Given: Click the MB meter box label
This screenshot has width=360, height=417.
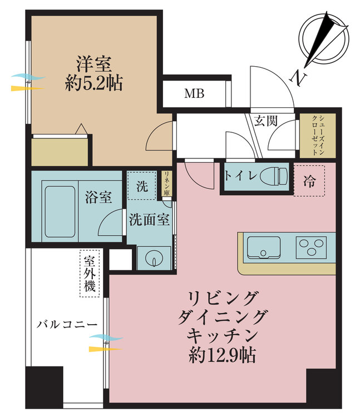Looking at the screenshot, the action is [x=195, y=93].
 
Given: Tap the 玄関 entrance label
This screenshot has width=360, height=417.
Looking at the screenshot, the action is [x=265, y=121].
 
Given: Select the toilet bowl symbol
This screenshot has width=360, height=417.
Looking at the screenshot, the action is [x=274, y=176].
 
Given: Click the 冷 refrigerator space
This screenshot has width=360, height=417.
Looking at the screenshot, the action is [x=309, y=181].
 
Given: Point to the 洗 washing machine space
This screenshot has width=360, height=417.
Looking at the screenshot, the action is [x=142, y=186].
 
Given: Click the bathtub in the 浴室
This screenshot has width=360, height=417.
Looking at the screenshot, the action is [x=60, y=211].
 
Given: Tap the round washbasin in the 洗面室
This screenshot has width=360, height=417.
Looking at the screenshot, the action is [x=154, y=258].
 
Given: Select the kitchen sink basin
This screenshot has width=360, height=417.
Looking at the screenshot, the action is [x=264, y=247].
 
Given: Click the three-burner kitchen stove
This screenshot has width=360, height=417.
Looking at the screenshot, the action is [x=311, y=247].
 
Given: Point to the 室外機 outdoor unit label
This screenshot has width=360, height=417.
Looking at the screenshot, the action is [x=90, y=274].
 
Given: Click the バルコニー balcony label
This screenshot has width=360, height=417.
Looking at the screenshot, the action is [x=67, y=325].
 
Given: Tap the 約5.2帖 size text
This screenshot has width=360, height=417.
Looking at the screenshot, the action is [x=93, y=83].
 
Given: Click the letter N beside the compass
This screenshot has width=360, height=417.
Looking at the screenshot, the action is [x=298, y=78].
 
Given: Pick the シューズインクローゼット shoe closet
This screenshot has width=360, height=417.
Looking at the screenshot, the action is [x=318, y=135].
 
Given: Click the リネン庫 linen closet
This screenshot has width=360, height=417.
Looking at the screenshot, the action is [x=167, y=183].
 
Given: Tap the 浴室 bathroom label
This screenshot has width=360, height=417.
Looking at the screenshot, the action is [x=98, y=197].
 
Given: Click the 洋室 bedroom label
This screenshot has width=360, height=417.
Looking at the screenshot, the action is [x=94, y=64].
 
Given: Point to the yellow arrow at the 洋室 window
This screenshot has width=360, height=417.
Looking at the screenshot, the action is [x=27, y=88].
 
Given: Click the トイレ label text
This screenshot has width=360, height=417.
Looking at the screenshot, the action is [x=241, y=176].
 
